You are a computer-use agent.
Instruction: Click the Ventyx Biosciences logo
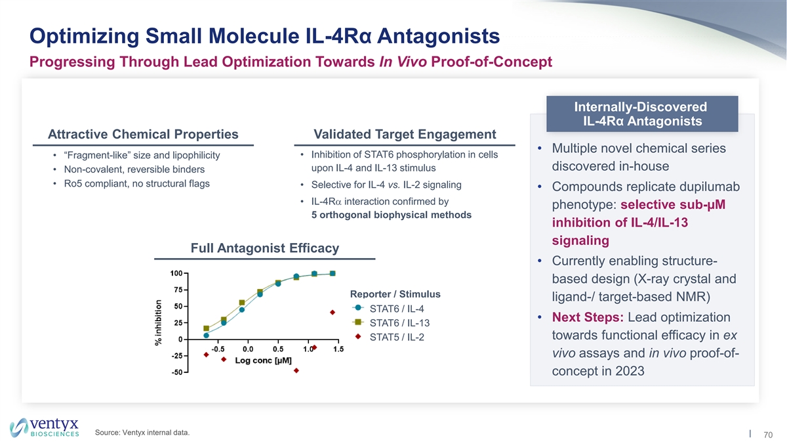[45, 426]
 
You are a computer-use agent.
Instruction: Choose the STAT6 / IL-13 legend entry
[395, 323]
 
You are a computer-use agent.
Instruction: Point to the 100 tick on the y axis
[176, 273]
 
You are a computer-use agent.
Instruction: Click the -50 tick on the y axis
[176, 373]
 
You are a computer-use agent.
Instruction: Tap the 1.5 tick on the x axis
[338, 349]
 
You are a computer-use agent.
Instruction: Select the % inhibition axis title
[159, 322]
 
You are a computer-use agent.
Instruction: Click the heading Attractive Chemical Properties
[143, 134]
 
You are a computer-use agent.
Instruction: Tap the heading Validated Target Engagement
[405, 134]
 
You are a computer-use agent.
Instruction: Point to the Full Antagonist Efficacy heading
[264, 248]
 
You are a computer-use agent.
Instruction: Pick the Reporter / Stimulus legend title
[395, 294]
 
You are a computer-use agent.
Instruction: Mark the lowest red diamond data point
[296, 370]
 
